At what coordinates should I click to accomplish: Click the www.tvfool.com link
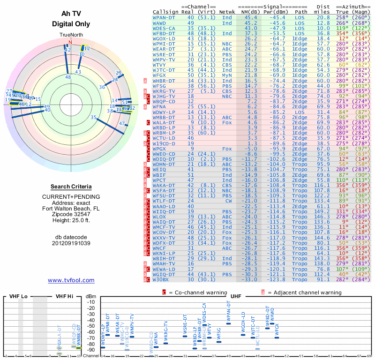[71, 280]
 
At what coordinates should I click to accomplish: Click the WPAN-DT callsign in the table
[165, 17]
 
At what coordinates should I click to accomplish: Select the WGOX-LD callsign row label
[165, 38]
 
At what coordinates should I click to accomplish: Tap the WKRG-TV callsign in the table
[165, 90]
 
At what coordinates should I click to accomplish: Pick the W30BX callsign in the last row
[162, 279]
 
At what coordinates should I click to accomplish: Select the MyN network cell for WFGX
[227, 75]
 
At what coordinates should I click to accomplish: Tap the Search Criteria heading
[71, 186]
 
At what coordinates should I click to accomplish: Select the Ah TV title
[71, 14]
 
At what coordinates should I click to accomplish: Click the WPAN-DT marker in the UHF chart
[228, 322]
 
